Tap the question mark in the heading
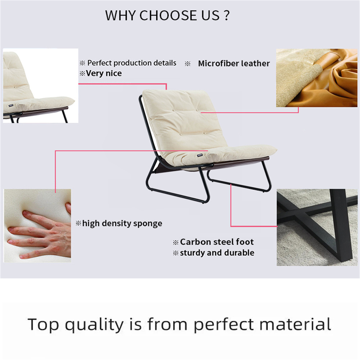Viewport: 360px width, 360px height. (226, 15)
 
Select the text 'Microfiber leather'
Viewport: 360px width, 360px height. (234, 63)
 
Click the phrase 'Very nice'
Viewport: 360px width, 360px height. (104, 73)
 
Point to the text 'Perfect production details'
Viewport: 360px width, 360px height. (132, 63)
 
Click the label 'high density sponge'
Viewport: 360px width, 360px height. (122, 223)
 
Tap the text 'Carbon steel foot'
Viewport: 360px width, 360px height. (217, 242)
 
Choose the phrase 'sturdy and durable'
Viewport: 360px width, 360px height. (217, 253)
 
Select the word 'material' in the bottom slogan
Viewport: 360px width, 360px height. (295, 324)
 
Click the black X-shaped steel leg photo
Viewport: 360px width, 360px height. (317, 227)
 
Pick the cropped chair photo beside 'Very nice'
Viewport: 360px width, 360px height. (41, 86)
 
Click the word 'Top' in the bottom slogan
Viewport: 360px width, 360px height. (43, 324)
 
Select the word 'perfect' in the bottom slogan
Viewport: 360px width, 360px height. (224, 325)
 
